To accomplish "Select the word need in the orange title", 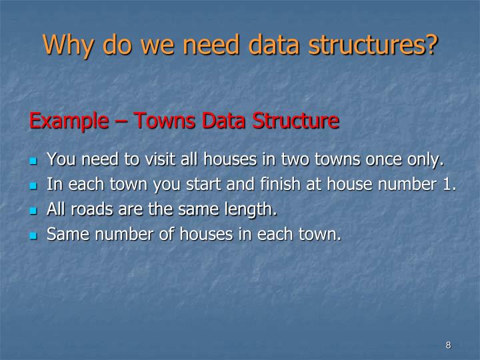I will click(209, 45).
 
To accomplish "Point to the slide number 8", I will click(448, 345).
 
